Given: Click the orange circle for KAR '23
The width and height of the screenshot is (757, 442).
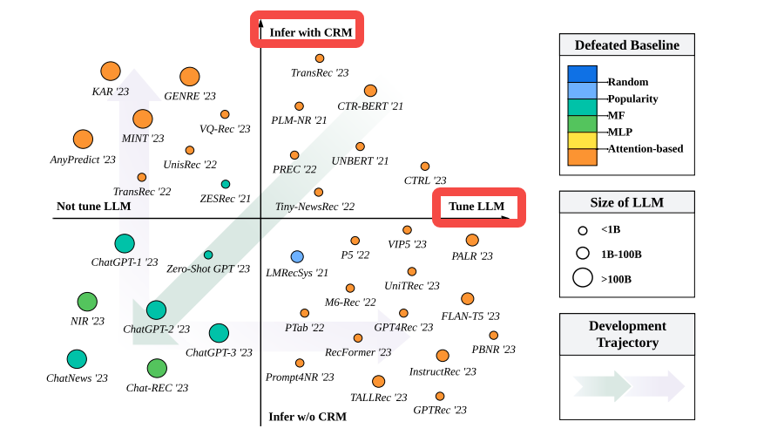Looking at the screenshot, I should (x=111, y=71).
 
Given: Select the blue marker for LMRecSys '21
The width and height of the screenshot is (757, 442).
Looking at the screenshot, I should (x=297, y=256).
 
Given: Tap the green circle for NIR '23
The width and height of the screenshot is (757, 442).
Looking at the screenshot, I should (x=87, y=302).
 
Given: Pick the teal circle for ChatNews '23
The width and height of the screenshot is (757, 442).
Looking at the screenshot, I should (x=77, y=359).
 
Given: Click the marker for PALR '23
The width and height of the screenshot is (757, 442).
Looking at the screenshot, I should (x=472, y=240).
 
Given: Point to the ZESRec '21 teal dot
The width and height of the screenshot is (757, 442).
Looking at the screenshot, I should (x=226, y=184).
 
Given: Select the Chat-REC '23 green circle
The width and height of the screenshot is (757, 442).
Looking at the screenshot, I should (x=157, y=368).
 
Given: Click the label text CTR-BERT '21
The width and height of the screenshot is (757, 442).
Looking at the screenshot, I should (x=370, y=105).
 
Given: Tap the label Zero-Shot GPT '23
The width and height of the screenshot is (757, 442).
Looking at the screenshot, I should (x=208, y=269).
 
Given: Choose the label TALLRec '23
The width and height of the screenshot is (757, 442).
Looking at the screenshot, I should (x=378, y=397).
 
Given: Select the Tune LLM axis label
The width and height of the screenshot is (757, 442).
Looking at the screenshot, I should (x=477, y=207).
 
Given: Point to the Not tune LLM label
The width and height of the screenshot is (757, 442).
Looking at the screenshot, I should (x=93, y=207).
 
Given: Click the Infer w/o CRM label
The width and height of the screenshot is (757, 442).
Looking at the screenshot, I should (x=308, y=417).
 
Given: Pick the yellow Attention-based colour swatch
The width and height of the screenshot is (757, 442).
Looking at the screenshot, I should (x=582, y=139).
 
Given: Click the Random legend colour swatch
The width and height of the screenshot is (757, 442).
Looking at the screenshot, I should (x=582, y=74).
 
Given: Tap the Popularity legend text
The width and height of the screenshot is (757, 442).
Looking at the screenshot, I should (x=632, y=99).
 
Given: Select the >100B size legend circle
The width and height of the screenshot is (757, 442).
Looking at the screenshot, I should (x=582, y=279).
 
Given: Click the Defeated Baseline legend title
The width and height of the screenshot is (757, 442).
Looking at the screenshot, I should (x=626, y=45).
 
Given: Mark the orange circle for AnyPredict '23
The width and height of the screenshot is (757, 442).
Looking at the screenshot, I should (x=83, y=139).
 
